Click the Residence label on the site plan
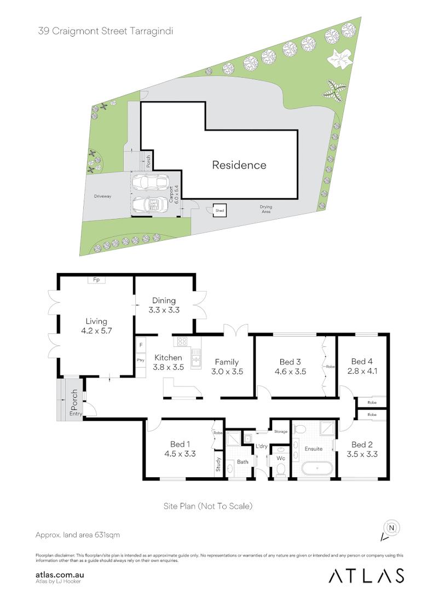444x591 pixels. (239, 165)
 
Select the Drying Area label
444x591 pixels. (266, 209)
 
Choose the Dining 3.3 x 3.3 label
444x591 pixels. (164, 305)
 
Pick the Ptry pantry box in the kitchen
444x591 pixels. (140, 360)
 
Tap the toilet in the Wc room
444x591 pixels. (281, 468)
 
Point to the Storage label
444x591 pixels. (281, 432)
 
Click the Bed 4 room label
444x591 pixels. (362, 361)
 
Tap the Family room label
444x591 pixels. (226, 362)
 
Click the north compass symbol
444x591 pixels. (391, 528)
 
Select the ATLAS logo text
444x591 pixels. (367, 575)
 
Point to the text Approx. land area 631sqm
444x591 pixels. (78, 534)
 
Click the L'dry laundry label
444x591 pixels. (262, 447)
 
